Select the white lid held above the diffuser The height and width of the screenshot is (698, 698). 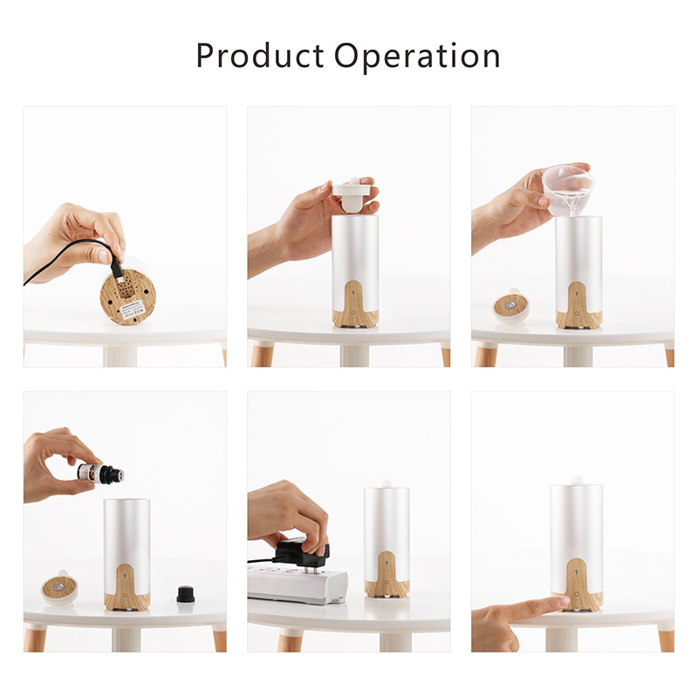pyautogui.click(x=353, y=196)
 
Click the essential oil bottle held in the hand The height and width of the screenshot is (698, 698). pyautogui.click(x=100, y=474)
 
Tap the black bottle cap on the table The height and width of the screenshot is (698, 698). pyautogui.click(x=185, y=594)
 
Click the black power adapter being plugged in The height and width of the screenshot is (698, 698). pyautogui.click(x=301, y=552)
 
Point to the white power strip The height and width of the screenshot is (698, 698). pyautogui.click(x=297, y=582)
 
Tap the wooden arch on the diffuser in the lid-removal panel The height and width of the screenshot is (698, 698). pyautogui.click(x=355, y=301)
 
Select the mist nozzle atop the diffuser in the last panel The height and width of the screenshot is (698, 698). pyautogui.click(x=576, y=480)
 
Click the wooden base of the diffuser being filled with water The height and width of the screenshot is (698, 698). pyautogui.click(x=578, y=305)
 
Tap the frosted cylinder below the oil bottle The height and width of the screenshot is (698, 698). pyautogui.click(x=127, y=532)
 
